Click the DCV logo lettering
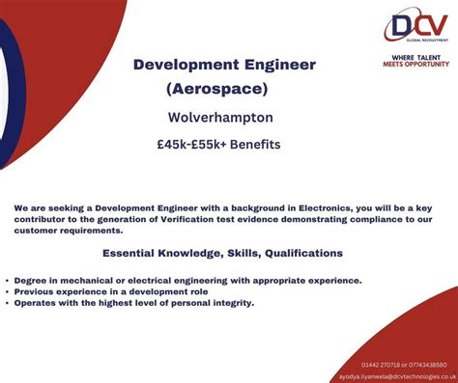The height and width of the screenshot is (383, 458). point(415,25)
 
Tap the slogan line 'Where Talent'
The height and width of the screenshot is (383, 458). point(415,56)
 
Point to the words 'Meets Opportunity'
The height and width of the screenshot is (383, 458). point(415,64)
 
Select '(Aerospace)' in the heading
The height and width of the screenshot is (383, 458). point(216,88)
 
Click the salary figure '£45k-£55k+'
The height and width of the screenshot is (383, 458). point(189,146)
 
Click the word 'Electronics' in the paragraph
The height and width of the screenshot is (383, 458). point(316,207)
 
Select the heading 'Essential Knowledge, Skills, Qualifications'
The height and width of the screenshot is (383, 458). point(222,253)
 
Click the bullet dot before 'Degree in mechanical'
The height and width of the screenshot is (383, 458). point(8,281)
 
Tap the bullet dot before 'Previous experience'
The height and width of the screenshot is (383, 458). point(8,291)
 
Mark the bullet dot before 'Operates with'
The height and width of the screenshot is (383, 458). point(8,303)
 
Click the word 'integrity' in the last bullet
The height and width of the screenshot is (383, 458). point(232,303)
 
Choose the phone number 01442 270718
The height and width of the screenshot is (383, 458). point(380,364)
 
